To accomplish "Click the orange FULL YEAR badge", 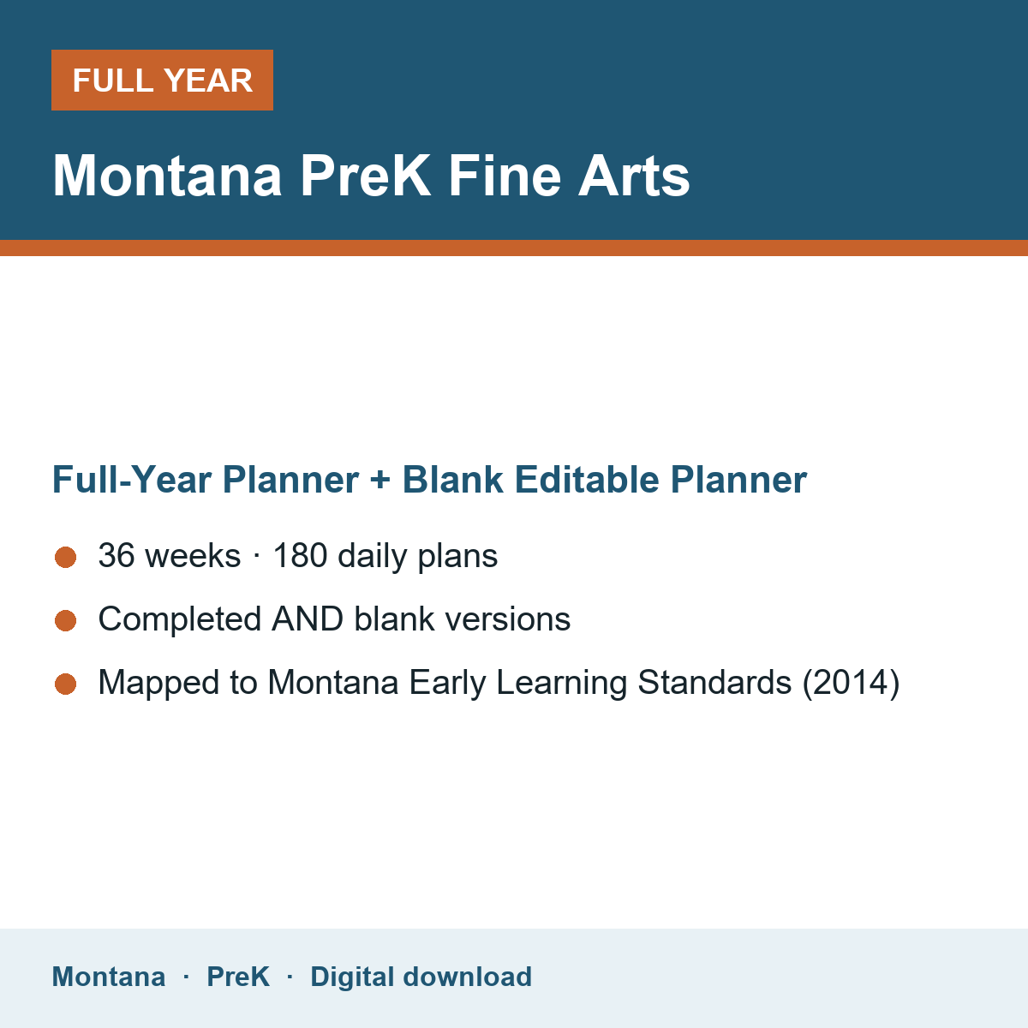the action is [162, 80].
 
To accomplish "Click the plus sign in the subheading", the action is [380, 480].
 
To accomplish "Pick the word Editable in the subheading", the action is [587, 480].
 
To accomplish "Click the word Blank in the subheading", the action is [452, 480].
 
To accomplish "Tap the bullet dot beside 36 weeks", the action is [66, 558].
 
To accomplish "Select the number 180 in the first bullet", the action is [300, 555].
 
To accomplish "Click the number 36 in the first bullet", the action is [117, 555].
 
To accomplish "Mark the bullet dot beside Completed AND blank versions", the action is [66, 620].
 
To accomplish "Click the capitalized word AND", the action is [308, 619].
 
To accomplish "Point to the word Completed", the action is [180, 619].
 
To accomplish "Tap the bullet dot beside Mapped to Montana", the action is [66, 684].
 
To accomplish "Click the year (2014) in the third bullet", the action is [851, 682].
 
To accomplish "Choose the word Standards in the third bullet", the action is [714, 682].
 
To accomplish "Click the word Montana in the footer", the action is [108, 977].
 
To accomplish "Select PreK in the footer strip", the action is [238, 977].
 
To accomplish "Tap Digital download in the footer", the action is [421, 977].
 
